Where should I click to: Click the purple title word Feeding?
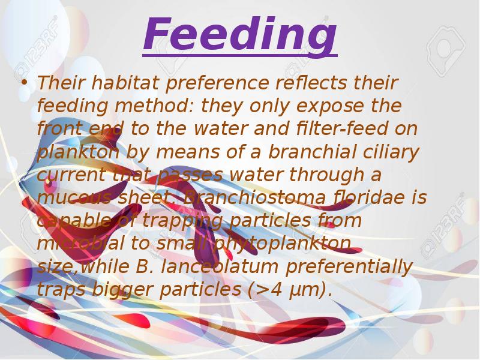coord(240,35)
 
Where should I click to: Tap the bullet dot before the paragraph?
coord(24,83)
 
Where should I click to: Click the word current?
coord(71,175)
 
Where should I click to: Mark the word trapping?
coord(181,221)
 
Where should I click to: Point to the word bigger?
coord(124,290)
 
